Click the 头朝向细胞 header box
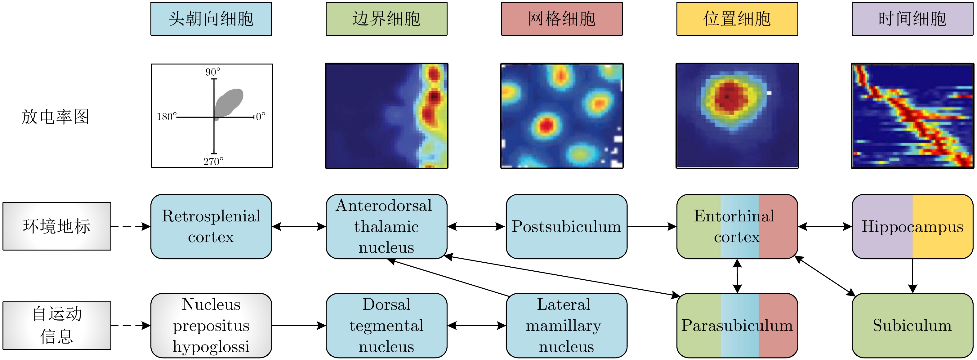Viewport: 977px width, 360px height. pyautogui.click(x=211, y=19)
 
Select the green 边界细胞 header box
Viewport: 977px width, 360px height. pyautogui.click(x=386, y=19)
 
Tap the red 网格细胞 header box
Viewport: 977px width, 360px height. pyautogui.click(x=562, y=19)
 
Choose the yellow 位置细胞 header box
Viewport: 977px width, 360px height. pyautogui.click(x=737, y=19)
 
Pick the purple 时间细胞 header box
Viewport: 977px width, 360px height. pyautogui.click(x=912, y=19)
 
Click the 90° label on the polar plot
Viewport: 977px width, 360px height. pyautogui.click(x=212, y=72)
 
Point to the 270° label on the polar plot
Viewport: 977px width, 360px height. pyautogui.click(x=213, y=162)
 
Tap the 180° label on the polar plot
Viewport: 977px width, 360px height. pyautogui.click(x=167, y=117)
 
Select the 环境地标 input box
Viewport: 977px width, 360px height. pyautogui.click(x=57, y=226)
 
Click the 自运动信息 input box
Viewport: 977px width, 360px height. pyautogui.click(x=57, y=325)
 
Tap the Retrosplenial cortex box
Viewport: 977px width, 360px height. pyautogui.click(x=211, y=226)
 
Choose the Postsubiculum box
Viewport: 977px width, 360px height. pyautogui.click(x=566, y=226)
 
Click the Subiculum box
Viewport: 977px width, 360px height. pyautogui.click(x=912, y=325)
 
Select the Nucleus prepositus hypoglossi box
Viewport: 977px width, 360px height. pyautogui.click(x=211, y=325)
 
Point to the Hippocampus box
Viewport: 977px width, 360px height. pyautogui.click(x=912, y=226)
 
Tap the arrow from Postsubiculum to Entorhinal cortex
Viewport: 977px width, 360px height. pyautogui.click(x=652, y=226)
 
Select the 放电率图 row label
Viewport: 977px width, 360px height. pyautogui.click(x=56, y=117)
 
